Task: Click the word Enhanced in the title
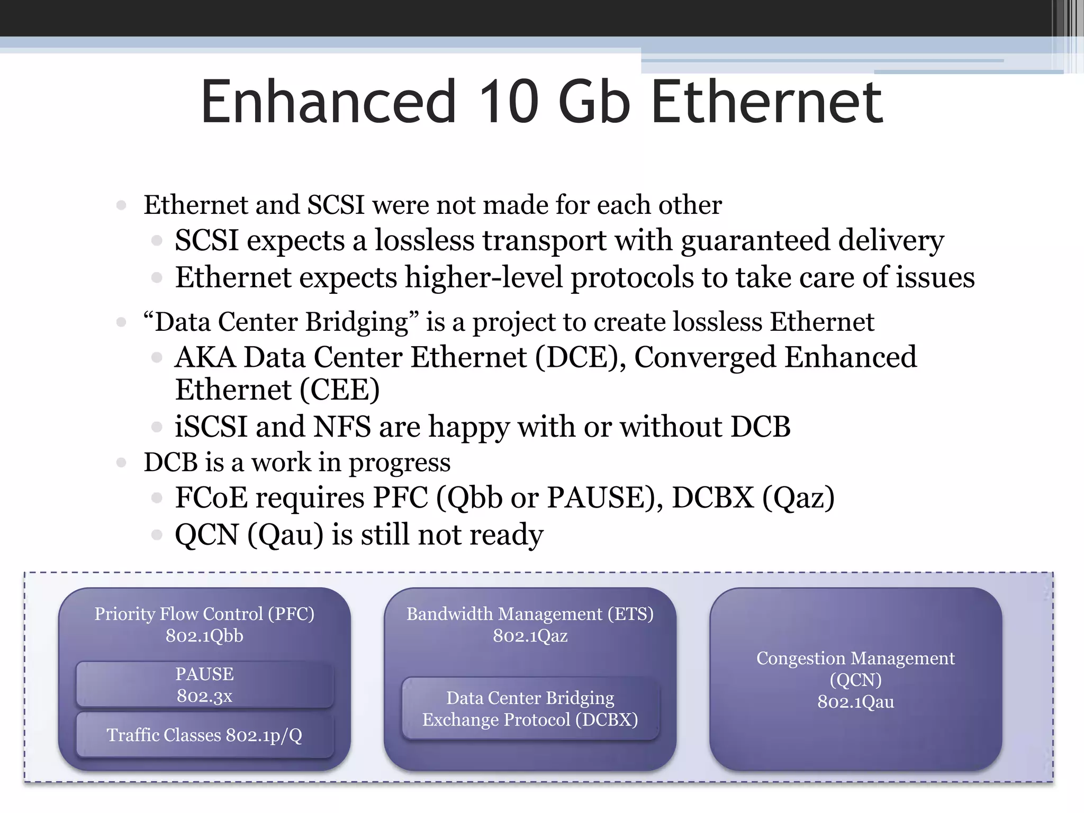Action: [328, 101]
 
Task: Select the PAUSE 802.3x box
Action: [204, 684]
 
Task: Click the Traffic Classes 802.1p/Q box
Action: [204, 735]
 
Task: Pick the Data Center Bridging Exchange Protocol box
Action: [530, 709]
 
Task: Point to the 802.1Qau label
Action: [855, 702]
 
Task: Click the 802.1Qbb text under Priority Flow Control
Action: [204, 636]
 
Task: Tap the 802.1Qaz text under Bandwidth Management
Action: [530, 636]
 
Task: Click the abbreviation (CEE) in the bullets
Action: [339, 390]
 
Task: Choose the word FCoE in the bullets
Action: [211, 498]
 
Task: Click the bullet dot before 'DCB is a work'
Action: [121, 463]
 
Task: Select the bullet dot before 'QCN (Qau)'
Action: [156, 535]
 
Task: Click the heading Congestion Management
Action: [855, 658]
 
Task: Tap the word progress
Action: [399, 463]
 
